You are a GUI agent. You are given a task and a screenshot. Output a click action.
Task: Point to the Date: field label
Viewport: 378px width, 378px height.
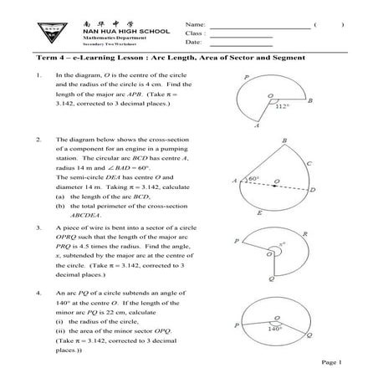pyautogui.click(x=194, y=42)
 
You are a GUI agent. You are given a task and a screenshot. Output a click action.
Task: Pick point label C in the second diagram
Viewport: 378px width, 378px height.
pyautogui.click(x=310, y=165)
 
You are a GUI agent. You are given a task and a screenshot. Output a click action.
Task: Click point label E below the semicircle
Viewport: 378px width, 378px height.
pyautogui.click(x=260, y=212)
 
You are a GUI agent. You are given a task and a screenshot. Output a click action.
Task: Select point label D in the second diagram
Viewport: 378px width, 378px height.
pyautogui.click(x=312, y=192)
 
